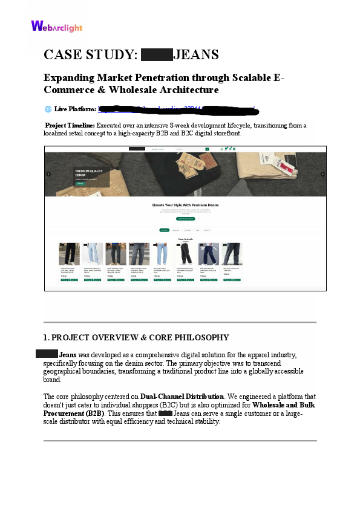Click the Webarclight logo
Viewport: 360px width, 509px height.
point(56,26)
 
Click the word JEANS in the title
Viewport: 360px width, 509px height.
point(196,55)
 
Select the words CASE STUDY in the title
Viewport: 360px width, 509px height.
point(91,55)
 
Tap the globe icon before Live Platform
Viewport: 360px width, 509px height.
point(48,109)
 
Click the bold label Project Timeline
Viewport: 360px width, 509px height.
point(70,126)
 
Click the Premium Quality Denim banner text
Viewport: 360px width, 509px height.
point(89,172)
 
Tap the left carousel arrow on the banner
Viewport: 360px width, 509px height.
point(48,174)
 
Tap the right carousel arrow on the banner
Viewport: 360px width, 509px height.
point(322,174)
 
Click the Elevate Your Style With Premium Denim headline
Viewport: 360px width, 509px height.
point(186,205)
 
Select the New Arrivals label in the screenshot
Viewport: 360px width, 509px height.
point(185,239)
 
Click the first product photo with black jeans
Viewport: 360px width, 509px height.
point(69,254)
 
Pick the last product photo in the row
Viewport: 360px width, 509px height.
point(232,254)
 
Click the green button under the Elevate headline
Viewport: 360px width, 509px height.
point(186,218)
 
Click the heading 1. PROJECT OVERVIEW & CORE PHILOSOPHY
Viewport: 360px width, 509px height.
point(136,337)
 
